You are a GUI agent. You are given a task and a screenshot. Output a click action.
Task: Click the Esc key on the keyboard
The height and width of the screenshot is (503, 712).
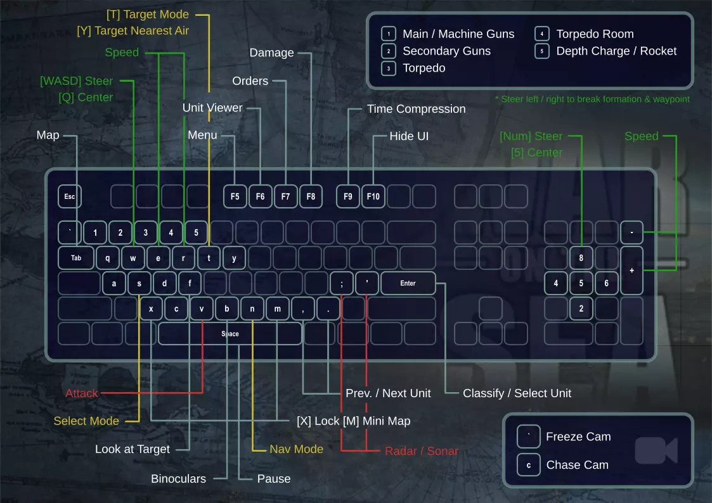point(70,196)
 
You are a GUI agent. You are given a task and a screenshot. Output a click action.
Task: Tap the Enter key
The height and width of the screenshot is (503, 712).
point(408,283)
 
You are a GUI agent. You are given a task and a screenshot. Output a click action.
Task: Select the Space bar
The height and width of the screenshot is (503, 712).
point(230,334)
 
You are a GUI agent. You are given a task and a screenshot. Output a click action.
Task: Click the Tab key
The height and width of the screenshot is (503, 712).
point(76,258)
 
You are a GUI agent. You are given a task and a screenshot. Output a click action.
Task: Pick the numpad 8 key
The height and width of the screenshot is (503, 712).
point(581,258)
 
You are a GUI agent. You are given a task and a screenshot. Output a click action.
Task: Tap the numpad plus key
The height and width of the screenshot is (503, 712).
point(631,271)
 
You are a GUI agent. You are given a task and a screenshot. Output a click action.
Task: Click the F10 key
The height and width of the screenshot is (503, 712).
point(373,196)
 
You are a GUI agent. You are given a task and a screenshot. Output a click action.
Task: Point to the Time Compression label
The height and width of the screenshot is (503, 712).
point(416,109)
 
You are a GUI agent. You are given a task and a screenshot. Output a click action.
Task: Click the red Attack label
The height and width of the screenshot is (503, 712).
point(82,393)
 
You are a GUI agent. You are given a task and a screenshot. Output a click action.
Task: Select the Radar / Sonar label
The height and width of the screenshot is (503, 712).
point(422,451)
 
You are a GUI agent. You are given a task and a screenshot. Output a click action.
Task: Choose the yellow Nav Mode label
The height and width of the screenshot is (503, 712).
point(296,449)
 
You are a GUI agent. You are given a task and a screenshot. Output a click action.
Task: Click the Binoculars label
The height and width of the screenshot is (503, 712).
point(178,479)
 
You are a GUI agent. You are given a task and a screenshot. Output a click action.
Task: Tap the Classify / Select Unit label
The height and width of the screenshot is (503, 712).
point(517,393)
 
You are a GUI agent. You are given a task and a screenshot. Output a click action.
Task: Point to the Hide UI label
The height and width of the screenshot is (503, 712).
point(409,136)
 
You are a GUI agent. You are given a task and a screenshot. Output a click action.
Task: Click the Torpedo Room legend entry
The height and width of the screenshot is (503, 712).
point(595,34)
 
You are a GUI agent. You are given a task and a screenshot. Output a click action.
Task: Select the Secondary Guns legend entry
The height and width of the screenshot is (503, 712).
point(446,51)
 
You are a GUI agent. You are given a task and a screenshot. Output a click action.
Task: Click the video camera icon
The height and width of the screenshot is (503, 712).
point(656,450)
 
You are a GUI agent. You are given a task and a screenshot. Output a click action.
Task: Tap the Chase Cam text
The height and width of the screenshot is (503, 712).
point(577,465)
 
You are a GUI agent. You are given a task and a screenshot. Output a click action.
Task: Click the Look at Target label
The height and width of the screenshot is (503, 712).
point(133,449)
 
